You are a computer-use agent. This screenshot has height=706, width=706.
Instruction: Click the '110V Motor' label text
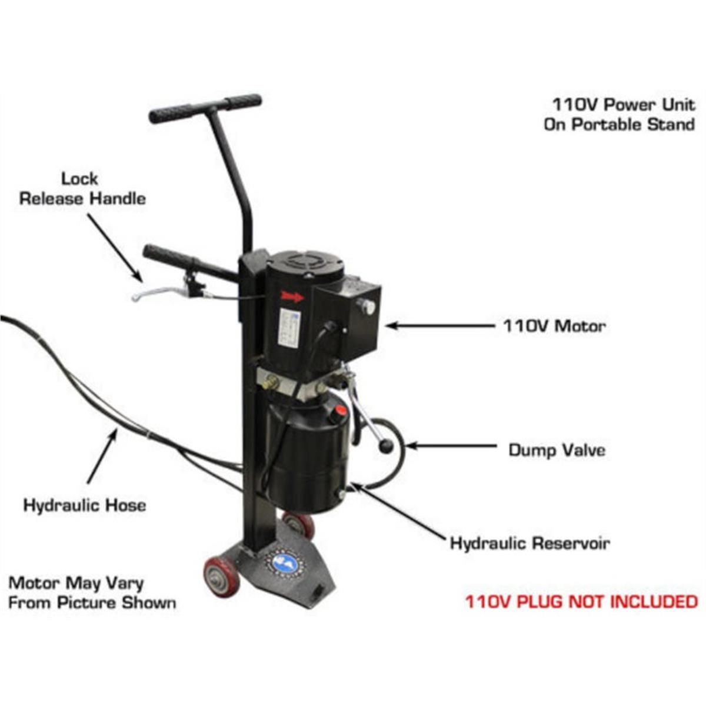554,325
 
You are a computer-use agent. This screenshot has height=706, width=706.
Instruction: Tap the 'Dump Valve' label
557,450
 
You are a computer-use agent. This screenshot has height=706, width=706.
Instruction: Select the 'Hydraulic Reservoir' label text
529,542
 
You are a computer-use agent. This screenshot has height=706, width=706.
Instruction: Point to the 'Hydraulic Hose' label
84,505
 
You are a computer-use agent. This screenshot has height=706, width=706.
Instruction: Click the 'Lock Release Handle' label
82,188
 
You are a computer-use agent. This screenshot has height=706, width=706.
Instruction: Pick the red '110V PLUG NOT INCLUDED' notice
581,601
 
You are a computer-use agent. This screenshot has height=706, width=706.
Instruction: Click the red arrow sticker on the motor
292,297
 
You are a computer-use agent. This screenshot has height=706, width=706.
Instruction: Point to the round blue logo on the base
287,563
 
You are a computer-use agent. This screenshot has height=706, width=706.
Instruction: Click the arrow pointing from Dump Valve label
451,446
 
